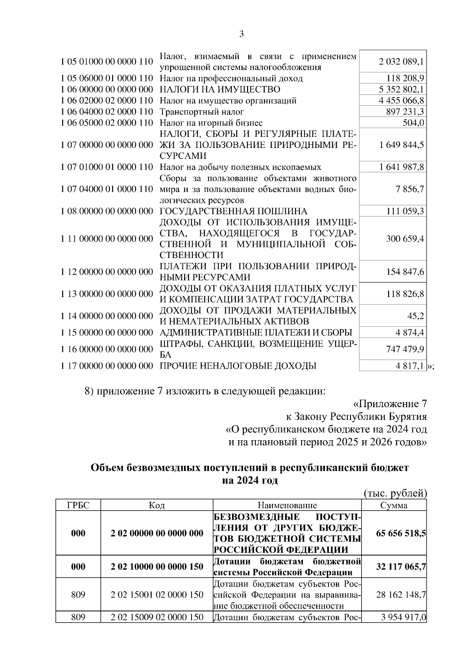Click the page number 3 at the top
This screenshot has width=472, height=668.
tap(241, 34)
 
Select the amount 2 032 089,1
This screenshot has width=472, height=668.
tap(401, 62)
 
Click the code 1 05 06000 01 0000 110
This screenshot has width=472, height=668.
tap(107, 78)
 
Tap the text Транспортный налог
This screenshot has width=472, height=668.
tap(202, 112)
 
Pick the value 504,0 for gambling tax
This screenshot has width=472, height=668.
tap(413, 123)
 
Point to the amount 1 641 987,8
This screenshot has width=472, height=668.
tap(401, 167)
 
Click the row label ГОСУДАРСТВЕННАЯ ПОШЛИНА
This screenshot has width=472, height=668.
tap(233, 211)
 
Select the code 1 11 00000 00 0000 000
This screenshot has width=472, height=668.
tap(107, 239)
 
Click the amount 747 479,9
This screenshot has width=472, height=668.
tap(405, 349)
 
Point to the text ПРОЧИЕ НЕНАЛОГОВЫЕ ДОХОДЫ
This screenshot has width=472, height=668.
tap(238, 366)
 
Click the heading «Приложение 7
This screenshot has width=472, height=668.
tap(390, 404)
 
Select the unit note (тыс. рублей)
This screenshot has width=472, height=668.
tap(395, 493)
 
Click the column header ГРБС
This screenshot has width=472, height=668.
tap(78, 506)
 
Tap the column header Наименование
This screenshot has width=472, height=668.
tap(287, 506)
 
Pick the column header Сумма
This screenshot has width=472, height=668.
tap(394, 506)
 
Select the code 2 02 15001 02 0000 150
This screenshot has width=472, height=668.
tap(157, 594)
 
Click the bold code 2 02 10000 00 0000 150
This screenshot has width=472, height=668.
tap(157, 567)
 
